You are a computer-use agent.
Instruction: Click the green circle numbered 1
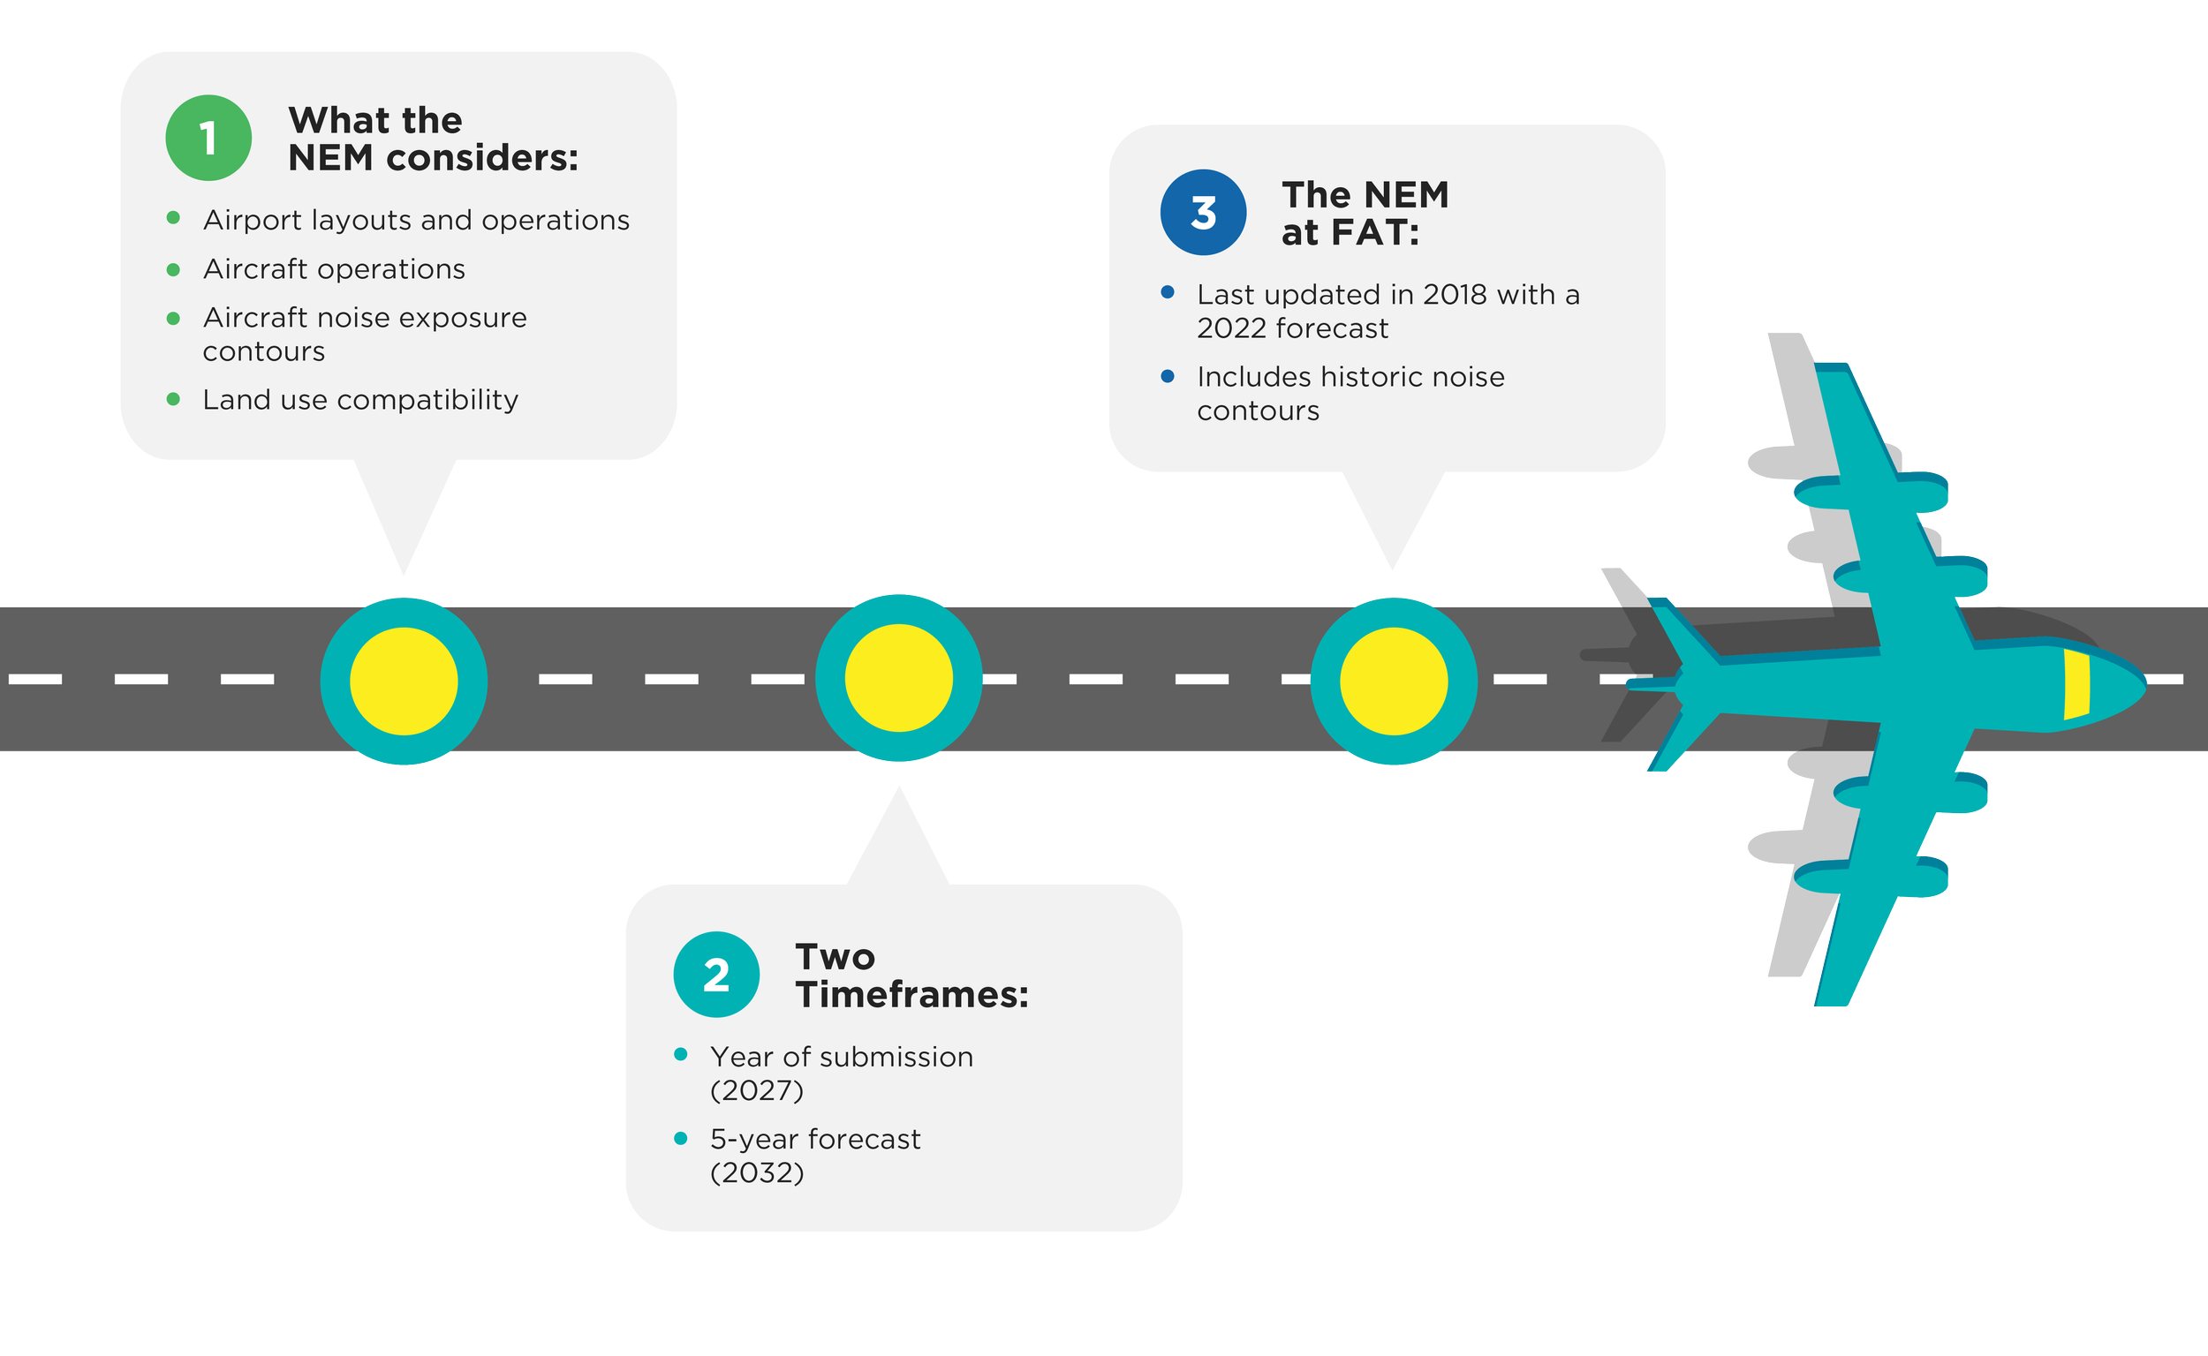[208, 138]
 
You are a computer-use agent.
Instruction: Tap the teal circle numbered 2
[717, 975]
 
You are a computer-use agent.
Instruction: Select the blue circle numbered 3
[1203, 213]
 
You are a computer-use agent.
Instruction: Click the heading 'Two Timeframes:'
[911, 976]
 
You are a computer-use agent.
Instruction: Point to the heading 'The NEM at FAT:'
[1365, 214]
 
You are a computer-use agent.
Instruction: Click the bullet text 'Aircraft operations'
[334, 269]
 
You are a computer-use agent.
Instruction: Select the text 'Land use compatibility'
[360, 400]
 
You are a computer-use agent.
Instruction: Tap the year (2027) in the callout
[756, 1090]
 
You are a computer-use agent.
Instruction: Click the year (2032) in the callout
[756, 1173]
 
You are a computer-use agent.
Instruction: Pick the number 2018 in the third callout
[1455, 295]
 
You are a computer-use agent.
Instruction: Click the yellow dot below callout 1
[404, 682]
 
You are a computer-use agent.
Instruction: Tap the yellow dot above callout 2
[899, 678]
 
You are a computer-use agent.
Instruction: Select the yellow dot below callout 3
[1394, 682]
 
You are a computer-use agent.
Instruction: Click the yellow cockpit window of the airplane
[2076, 683]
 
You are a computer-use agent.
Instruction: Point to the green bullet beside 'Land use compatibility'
[173, 399]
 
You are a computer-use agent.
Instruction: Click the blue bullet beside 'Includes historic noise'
[1168, 376]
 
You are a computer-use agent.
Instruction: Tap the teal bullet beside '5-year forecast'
[680, 1138]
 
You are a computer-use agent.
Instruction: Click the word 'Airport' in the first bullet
[253, 221]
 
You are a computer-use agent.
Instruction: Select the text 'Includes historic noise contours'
[1350, 394]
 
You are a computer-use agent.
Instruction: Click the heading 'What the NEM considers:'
[434, 139]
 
